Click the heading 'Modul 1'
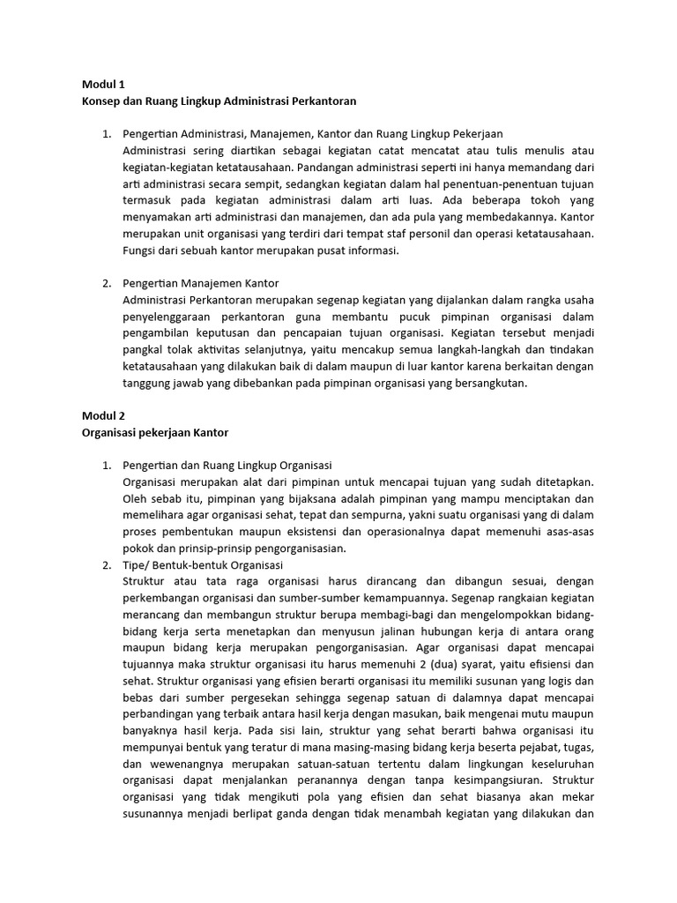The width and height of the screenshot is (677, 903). [x=104, y=85]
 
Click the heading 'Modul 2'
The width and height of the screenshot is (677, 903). [x=104, y=415]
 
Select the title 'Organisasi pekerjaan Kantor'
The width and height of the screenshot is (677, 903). [x=155, y=432]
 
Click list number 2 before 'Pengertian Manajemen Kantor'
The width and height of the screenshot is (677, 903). [x=106, y=283]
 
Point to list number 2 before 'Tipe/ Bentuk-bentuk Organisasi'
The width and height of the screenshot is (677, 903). [x=106, y=564]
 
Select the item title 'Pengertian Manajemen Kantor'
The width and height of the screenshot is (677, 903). [x=202, y=283]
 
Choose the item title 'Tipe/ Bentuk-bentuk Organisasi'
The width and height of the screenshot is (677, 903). [x=204, y=564]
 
